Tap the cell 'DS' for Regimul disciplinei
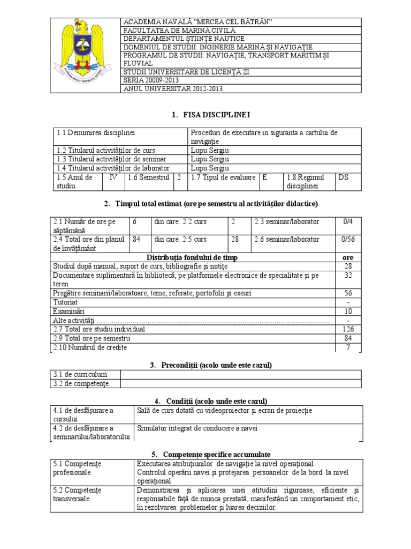tap(342, 177)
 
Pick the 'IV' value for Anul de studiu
tap(113, 177)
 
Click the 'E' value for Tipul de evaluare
tap(264, 177)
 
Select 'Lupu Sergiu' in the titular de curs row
tap(210, 150)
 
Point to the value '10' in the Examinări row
tap(348, 311)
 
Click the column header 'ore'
tap(348, 258)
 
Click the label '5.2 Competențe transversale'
tap(77, 494)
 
